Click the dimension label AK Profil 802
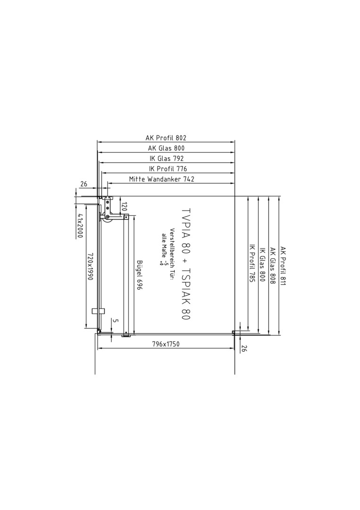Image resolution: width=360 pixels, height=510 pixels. [166, 137]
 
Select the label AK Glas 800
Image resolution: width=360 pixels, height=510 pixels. [166, 148]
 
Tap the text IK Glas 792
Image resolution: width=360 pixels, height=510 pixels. [167, 158]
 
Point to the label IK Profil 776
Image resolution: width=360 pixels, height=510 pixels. [168, 169]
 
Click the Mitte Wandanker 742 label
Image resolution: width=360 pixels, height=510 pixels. [161, 179]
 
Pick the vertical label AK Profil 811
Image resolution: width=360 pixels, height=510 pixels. [283, 266]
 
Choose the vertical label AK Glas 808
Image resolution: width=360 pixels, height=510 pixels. [273, 266]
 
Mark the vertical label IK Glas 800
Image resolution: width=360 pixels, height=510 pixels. [262, 264]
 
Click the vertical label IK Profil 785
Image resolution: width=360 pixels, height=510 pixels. [252, 263]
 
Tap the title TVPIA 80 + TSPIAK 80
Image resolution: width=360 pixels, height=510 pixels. [185, 264]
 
